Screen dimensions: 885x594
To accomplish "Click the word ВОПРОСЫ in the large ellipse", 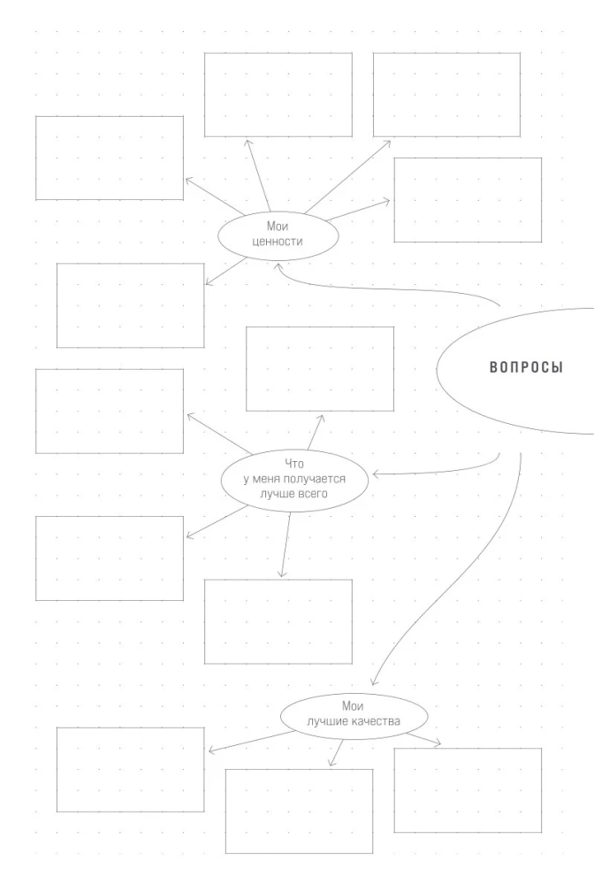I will [x=525, y=368].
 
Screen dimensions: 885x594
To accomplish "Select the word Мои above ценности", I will [x=278, y=227].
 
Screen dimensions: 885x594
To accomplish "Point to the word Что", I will [x=294, y=463].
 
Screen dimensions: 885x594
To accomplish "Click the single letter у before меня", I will [x=247, y=479].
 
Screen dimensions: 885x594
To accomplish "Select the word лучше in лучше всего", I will [x=276, y=494].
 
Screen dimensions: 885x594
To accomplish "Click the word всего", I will [x=312, y=494].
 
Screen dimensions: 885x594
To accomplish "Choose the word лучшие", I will [x=327, y=721].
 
